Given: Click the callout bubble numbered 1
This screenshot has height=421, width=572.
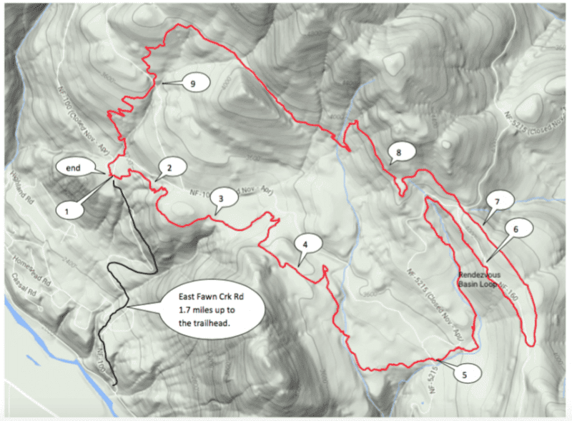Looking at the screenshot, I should pyautogui.click(x=69, y=210).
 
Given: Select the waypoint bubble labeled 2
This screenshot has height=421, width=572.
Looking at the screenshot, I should pyautogui.click(x=170, y=167).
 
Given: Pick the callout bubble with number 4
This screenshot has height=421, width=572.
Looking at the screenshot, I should pyautogui.click(x=305, y=244).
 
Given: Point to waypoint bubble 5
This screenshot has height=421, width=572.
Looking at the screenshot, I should pyautogui.click(x=464, y=372).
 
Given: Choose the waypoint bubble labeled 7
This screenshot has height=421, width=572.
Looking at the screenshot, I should pyautogui.click(x=495, y=202).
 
